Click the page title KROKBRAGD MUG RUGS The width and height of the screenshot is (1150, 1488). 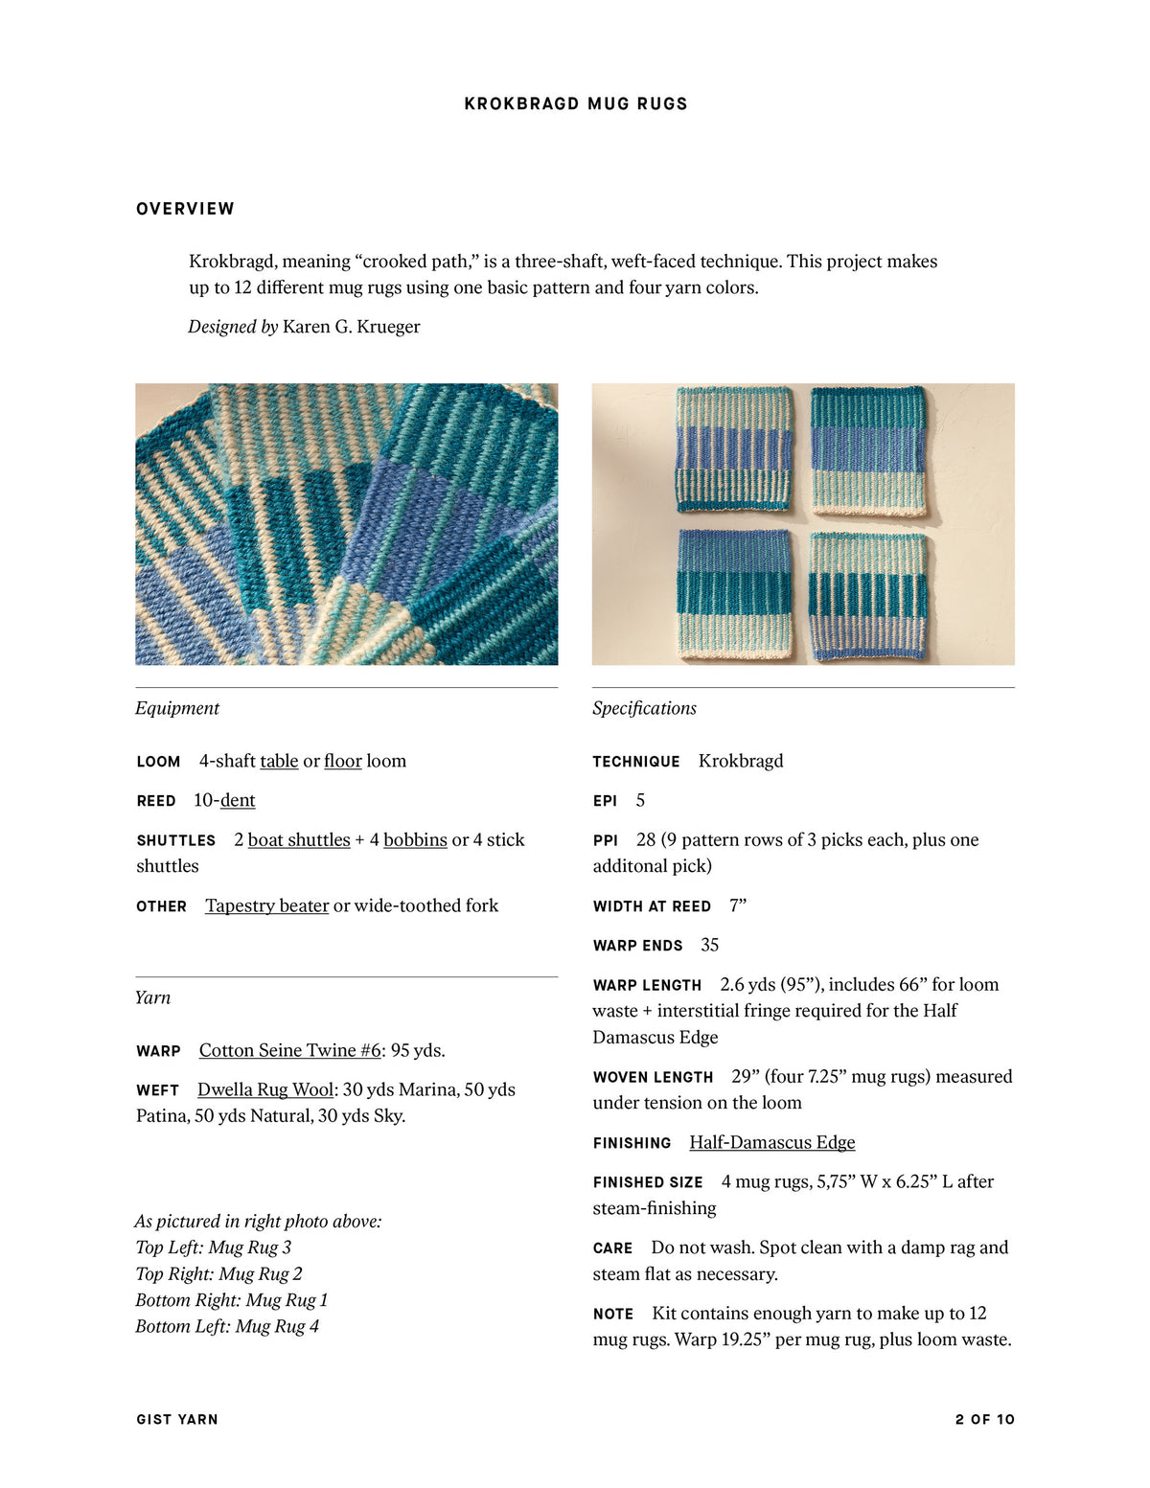point(576,103)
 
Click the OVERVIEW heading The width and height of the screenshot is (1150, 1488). point(185,209)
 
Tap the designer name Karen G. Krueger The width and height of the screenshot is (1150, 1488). point(351,327)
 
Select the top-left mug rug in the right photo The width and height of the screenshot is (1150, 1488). point(735,448)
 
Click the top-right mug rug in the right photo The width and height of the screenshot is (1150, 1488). point(868,450)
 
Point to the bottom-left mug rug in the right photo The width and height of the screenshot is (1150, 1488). point(736,594)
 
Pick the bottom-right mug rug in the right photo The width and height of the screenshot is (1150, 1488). point(869,596)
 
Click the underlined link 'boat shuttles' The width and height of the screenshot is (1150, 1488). point(299,839)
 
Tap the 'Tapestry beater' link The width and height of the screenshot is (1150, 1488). point(266,905)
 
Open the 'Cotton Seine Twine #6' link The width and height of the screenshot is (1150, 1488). point(289,1050)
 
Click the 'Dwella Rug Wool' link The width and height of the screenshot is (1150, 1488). point(265,1089)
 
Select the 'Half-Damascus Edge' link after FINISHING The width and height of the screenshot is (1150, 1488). point(771,1142)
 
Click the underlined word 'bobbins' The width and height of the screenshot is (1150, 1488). point(415,839)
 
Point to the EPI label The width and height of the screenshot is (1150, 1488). point(605,801)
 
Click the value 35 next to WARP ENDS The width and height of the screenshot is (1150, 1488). point(709,945)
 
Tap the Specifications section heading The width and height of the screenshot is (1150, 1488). point(644,708)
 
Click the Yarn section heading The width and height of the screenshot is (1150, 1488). point(153,997)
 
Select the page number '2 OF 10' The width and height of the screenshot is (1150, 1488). point(984,1419)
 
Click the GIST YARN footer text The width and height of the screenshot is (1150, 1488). point(177,1419)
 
